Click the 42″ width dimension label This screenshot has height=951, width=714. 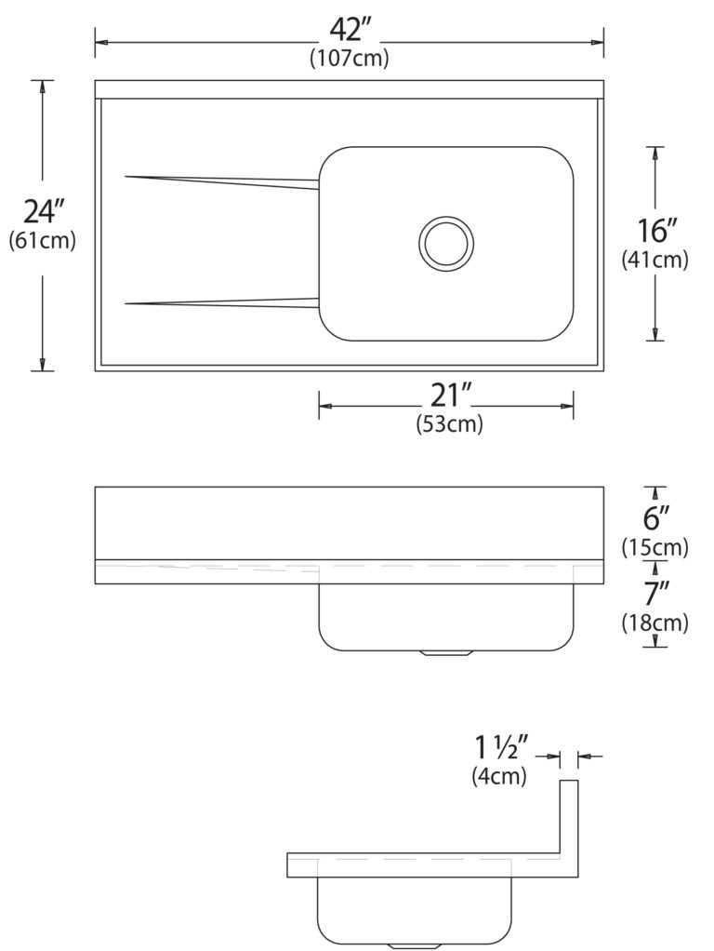pyautogui.click(x=350, y=31)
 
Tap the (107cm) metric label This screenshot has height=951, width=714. pyautogui.click(x=349, y=58)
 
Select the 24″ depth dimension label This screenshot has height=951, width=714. pyautogui.click(x=42, y=211)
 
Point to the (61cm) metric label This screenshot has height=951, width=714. pyautogui.click(x=42, y=240)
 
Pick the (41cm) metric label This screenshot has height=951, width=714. pyautogui.click(x=655, y=261)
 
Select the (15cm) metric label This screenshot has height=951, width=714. pyautogui.click(x=655, y=547)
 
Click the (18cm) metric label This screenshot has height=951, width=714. pyautogui.click(x=655, y=622)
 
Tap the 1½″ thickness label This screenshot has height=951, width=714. pyautogui.click(x=501, y=747)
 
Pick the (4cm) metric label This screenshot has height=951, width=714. pyautogui.click(x=499, y=775)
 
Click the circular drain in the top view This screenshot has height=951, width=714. pyautogui.click(x=446, y=243)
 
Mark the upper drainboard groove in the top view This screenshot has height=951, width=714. pyautogui.click(x=223, y=181)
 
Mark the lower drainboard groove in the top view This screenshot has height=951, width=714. pyautogui.click(x=223, y=301)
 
